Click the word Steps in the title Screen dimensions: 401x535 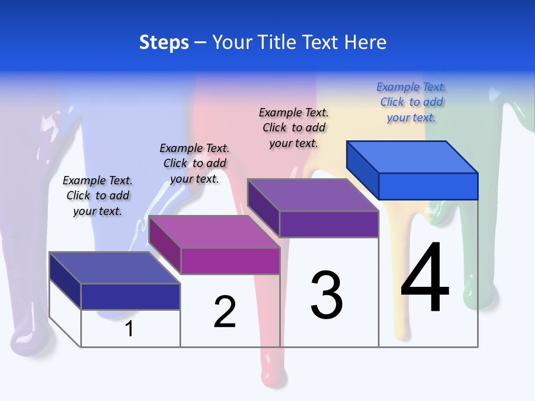[x=164, y=43]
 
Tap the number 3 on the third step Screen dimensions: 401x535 [x=327, y=295]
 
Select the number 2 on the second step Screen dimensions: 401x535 [x=225, y=312]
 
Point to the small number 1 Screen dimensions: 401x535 [x=129, y=329]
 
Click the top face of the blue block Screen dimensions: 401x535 [x=412, y=157]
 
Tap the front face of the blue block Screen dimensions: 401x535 [x=428, y=186]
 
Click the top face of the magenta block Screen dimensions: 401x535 [x=214, y=231]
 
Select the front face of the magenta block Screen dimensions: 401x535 [x=230, y=261]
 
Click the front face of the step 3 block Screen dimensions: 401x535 [x=329, y=224]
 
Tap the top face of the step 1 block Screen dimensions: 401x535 [x=114, y=268]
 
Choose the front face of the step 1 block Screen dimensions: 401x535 [x=130, y=296]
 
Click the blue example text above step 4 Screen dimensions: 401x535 [x=411, y=102]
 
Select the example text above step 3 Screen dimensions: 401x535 [x=294, y=128]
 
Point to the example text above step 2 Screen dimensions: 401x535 [x=194, y=163]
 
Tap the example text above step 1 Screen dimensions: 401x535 [x=98, y=195]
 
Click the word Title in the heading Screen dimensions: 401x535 [x=305, y=43]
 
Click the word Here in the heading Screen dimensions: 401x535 [x=366, y=43]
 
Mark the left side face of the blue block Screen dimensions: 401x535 [x=363, y=170]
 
